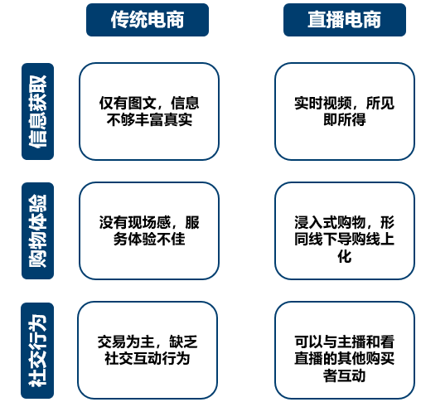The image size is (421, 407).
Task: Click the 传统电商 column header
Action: click(148, 20)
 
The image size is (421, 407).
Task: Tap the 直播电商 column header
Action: click(345, 20)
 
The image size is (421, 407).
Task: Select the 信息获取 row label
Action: click(37, 111)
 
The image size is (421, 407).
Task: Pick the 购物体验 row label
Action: click(37, 230)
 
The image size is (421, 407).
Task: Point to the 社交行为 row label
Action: click(37, 351)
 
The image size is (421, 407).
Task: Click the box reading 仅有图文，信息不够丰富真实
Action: click(149, 111)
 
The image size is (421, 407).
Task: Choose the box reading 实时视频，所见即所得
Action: click(345, 111)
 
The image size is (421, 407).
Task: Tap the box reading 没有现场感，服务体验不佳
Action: click(149, 230)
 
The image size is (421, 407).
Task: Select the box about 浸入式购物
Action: click(345, 230)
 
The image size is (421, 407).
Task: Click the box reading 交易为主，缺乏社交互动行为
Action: click(148, 351)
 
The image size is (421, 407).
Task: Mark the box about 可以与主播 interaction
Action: click(345, 351)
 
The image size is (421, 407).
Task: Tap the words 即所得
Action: click(345, 119)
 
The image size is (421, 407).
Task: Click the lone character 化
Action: click(345, 256)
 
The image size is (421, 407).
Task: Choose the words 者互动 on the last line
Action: click(345, 376)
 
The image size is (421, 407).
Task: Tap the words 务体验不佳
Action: click(149, 239)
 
